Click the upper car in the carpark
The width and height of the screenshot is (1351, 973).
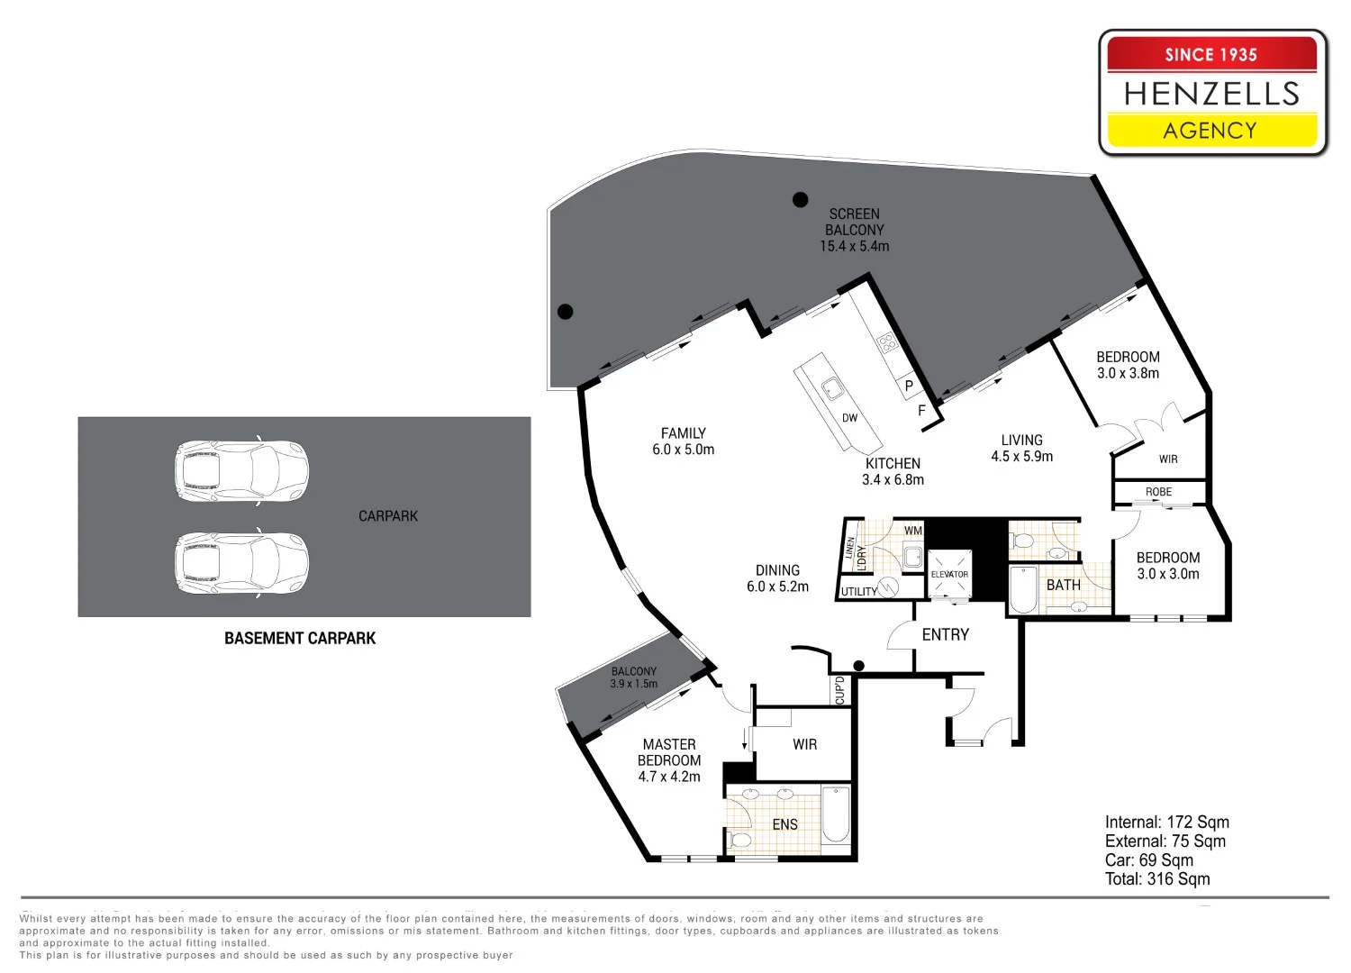click(x=241, y=471)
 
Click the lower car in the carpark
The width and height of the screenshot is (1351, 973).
click(x=241, y=563)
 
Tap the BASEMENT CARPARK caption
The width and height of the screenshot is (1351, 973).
click(x=300, y=638)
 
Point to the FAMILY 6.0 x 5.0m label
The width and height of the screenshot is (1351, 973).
click(x=684, y=441)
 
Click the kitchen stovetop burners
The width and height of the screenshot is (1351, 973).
click(x=887, y=342)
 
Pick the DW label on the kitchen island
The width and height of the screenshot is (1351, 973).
click(x=849, y=417)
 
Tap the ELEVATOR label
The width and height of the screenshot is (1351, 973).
click(x=949, y=574)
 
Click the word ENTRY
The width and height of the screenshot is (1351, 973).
click(x=945, y=634)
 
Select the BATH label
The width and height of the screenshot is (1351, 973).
click(x=1064, y=585)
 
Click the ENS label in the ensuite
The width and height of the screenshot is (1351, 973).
click(x=784, y=824)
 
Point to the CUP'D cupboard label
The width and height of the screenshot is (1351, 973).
click(x=840, y=691)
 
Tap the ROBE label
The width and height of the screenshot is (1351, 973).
click(x=1158, y=492)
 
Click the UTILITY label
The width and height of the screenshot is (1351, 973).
click(x=859, y=592)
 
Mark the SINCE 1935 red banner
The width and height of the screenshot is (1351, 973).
click(x=1211, y=54)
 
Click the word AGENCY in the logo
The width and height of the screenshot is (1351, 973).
click(x=1210, y=131)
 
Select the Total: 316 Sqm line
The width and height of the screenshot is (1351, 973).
click(x=1157, y=879)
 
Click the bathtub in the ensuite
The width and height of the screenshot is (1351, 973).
click(x=836, y=814)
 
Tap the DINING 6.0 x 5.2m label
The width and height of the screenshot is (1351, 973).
click(x=777, y=578)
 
